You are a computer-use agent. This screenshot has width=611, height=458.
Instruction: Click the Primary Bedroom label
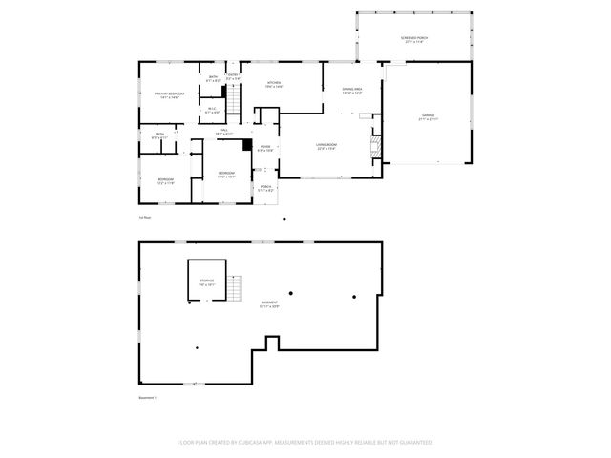[x=168, y=94]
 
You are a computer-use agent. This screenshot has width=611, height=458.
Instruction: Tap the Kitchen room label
[x=274, y=85]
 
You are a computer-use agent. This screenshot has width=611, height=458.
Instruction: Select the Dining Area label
[x=352, y=91]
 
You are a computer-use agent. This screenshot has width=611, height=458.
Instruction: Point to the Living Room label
[x=327, y=147]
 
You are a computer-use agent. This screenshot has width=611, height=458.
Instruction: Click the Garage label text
[x=428, y=117]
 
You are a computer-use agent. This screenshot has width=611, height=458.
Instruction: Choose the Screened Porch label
[x=414, y=40]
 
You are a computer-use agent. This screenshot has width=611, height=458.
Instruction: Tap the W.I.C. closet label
[x=213, y=110]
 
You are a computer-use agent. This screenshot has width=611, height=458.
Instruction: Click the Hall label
[x=223, y=132]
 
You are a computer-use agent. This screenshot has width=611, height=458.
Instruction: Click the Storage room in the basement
[x=207, y=282]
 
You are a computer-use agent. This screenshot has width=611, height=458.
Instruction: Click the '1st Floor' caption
[x=145, y=218]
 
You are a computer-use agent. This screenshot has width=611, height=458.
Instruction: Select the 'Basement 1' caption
[x=148, y=397]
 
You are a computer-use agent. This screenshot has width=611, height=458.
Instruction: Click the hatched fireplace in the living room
[x=375, y=146]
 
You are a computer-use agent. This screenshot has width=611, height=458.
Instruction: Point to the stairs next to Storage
[x=236, y=286]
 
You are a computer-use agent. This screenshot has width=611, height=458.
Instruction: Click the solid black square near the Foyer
[x=247, y=145]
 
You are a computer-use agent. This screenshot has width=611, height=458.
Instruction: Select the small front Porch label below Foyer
[x=266, y=189]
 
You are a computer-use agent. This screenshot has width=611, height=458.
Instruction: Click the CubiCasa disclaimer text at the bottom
[x=305, y=443]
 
